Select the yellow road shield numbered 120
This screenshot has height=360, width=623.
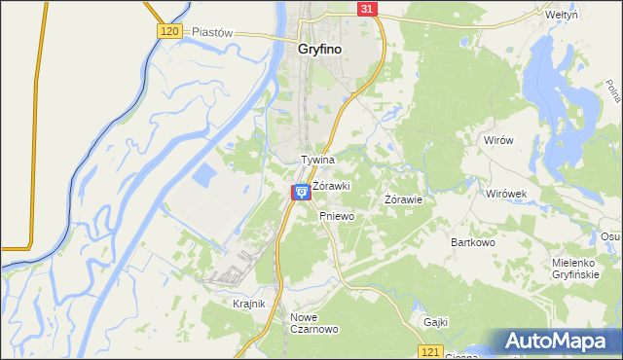pyautogui.click(x=169, y=31)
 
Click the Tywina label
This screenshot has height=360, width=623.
pyautogui.click(x=317, y=160)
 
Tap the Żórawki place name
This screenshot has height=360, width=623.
pyautogui.click(x=331, y=185)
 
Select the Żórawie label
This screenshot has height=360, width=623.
pyautogui.click(x=403, y=199)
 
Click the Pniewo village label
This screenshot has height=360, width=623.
pyautogui.click(x=336, y=217)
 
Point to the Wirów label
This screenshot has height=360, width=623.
pyautogui.click(x=498, y=140)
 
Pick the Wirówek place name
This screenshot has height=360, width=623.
pyautogui.click(x=506, y=194)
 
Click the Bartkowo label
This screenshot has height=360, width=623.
pyautogui.click(x=473, y=241)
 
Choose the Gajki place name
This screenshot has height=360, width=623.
pyautogui.click(x=435, y=321)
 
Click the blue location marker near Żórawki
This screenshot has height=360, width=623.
pyautogui.click(x=301, y=192)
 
